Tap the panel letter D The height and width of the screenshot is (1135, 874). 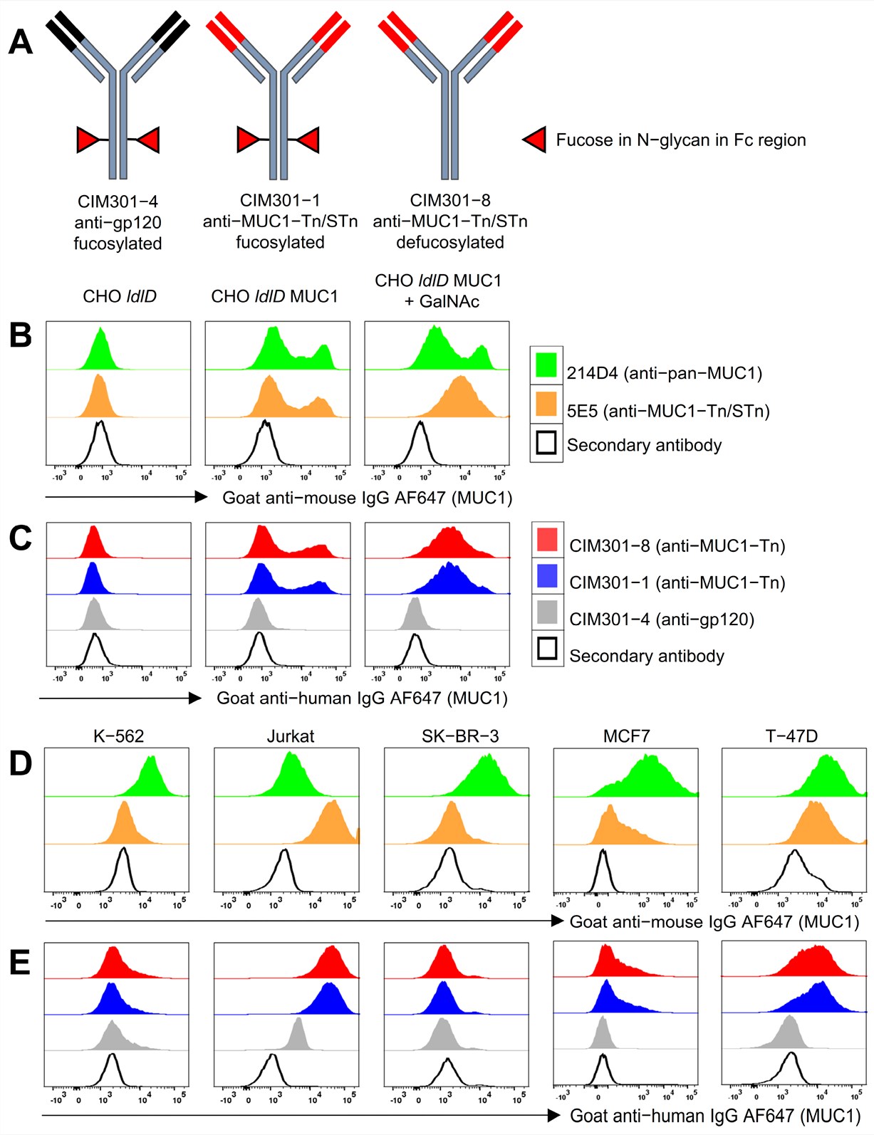[x=21, y=763]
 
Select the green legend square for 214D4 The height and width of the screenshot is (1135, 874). [x=546, y=365]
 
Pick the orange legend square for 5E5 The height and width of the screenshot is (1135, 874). [x=546, y=404]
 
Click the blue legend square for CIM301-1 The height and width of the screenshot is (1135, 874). [x=547, y=575]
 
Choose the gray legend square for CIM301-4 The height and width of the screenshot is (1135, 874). [x=547, y=612]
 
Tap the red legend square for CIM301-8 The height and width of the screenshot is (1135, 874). [x=547, y=540]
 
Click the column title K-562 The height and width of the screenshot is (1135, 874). [x=118, y=736]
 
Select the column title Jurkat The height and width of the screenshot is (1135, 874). [x=291, y=736]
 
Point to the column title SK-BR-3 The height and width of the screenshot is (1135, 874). [x=460, y=736]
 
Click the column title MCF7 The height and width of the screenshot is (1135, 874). [x=627, y=736]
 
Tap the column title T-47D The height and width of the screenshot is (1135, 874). [x=791, y=736]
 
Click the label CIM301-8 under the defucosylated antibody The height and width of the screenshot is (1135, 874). [x=450, y=200]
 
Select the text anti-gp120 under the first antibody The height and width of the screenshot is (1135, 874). [x=118, y=222]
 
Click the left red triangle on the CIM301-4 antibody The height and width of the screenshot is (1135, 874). [x=88, y=140]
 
